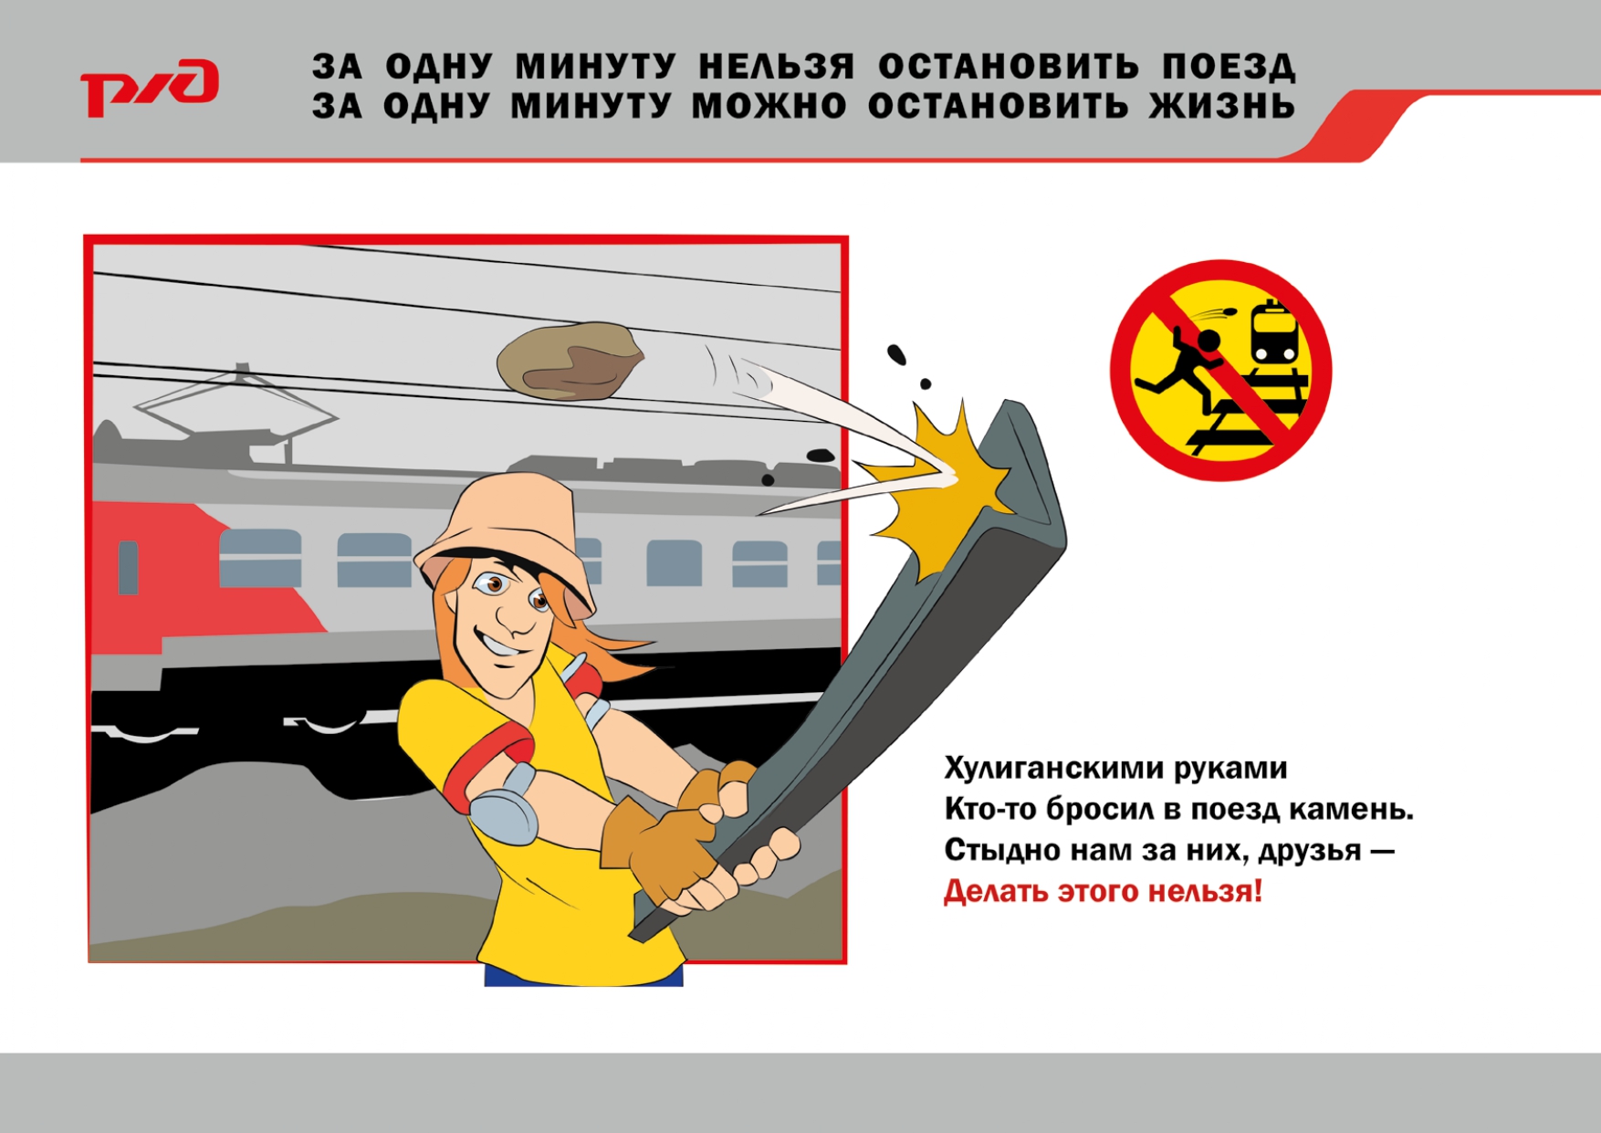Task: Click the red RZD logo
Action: coord(150,88)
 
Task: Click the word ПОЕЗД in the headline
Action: coord(1229,68)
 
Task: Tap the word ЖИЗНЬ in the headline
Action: coord(1221,107)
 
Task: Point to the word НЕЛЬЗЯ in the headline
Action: coord(777,68)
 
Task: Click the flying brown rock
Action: coord(570,361)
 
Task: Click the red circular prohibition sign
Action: coord(1220,370)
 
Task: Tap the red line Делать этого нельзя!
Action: coord(1103,891)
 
